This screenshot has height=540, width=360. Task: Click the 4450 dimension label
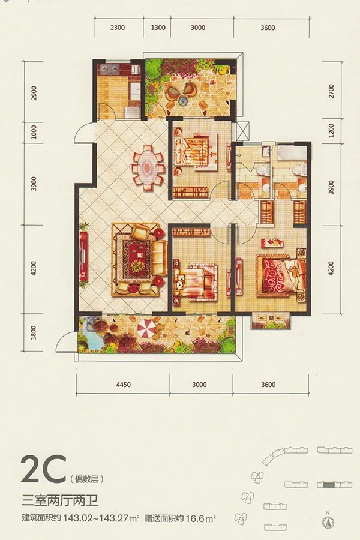[x=124, y=385]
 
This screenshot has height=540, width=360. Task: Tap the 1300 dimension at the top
[x=158, y=28]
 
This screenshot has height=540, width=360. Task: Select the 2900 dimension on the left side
[x=34, y=93]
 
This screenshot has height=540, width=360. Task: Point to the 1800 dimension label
[x=34, y=332]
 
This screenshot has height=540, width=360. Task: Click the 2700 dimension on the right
[x=331, y=91]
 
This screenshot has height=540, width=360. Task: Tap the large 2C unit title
[x=43, y=469]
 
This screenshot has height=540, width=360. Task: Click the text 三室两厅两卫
[x=60, y=500]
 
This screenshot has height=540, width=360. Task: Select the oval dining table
[x=148, y=167]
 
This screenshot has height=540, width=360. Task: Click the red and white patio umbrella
[x=146, y=329]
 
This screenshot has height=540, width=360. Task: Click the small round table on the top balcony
[x=182, y=101]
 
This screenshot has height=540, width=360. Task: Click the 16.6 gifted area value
[x=194, y=518]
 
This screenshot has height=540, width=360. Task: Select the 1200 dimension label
[x=331, y=131]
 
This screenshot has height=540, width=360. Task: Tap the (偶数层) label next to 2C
[x=87, y=478]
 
